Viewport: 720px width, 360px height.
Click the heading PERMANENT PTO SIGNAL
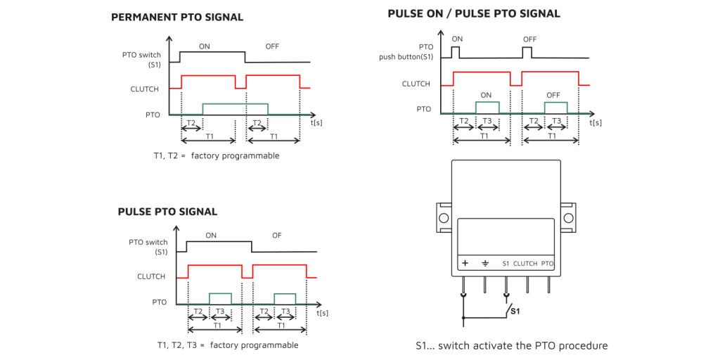pyautogui.click(x=177, y=17)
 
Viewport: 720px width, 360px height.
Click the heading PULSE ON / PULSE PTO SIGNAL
pyautogui.click(x=474, y=13)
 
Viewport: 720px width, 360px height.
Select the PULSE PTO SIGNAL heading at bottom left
pyautogui.click(x=167, y=212)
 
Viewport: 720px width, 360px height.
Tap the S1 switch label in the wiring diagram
pyautogui.click(x=515, y=310)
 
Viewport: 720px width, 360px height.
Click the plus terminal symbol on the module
pyautogui.click(x=465, y=264)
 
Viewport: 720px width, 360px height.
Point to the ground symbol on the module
pyautogui.click(x=484, y=264)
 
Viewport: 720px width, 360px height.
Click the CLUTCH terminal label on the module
pyautogui.click(x=525, y=264)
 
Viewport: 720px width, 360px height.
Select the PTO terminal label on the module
pyautogui.click(x=547, y=264)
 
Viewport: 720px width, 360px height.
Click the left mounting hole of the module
pyautogui.click(x=444, y=218)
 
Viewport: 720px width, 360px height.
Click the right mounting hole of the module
pyautogui.click(x=567, y=218)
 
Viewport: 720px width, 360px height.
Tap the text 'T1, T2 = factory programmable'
pyautogui.click(x=217, y=155)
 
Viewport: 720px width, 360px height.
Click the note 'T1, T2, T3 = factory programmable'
pyautogui.click(x=228, y=345)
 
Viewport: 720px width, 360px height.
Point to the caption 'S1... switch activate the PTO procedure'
pyautogui.click(x=511, y=345)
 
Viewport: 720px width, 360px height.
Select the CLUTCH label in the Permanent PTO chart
pyautogui.click(x=145, y=89)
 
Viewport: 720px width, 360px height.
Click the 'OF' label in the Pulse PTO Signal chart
pyautogui.click(x=277, y=236)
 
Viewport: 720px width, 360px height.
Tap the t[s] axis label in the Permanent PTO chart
pyautogui.click(x=317, y=122)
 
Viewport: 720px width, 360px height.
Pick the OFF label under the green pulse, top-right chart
pyautogui.click(x=553, y=95)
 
